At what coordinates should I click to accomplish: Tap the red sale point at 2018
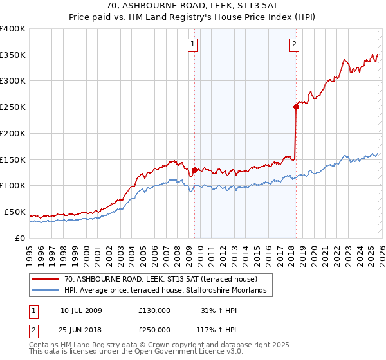[x=296, y=107]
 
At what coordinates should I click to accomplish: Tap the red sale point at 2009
[x=194, y=170]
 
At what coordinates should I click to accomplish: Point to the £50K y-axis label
[x=15, y=212]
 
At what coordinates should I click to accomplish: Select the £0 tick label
[x=20, y=238]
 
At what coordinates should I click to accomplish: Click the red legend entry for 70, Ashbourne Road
[x=160, y=279]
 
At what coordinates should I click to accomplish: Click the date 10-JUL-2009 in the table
[x=81, y=310]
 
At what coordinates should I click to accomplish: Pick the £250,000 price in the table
[x=154, y=331]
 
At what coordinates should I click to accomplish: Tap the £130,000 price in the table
[x=154, y=310]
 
